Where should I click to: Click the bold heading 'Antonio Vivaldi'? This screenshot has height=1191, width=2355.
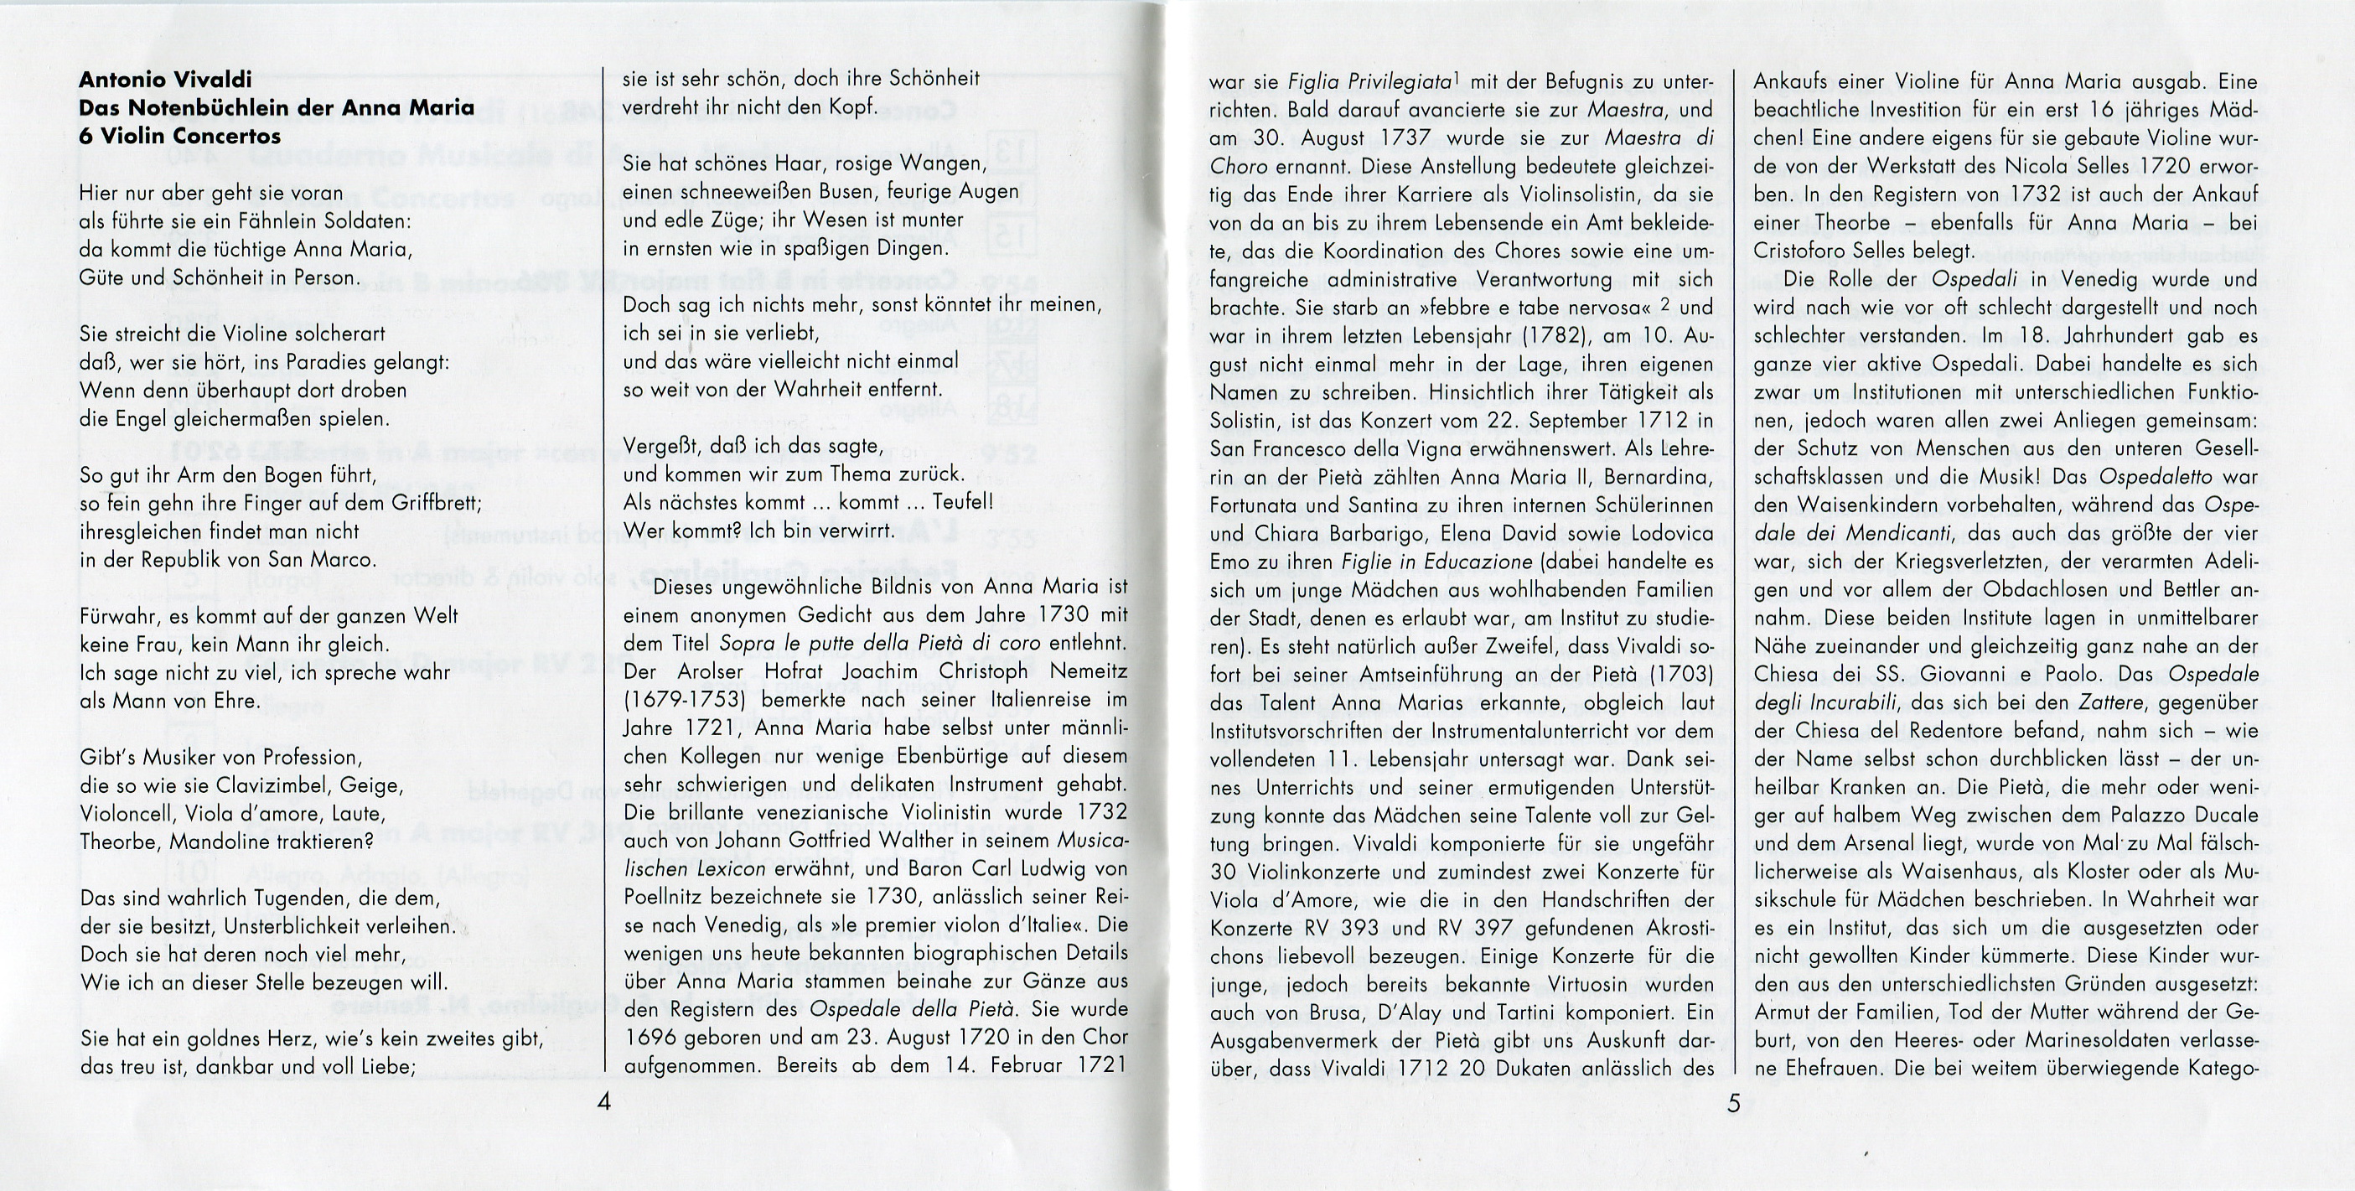[x=165, y=80]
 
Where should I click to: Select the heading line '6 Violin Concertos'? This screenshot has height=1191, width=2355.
[x=179, y=136]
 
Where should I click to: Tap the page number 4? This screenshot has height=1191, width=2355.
[x=603, y=1101]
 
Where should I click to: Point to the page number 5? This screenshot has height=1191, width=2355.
[x=1733, y=1103]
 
